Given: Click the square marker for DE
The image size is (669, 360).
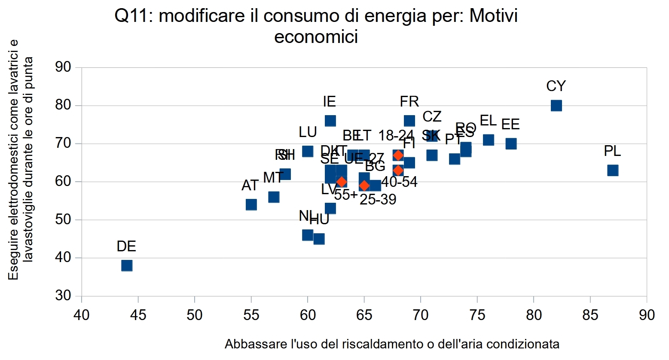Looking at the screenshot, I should (x=127, y=265).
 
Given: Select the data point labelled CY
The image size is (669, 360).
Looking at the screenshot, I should (x=556, y=106).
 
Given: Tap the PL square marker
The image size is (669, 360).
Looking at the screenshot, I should (x=613, y=171).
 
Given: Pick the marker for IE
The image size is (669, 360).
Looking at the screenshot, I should (x=330, y=121).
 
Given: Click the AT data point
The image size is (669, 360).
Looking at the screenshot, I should (x=251, y=204).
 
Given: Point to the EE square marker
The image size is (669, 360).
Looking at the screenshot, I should (x=511, y=143).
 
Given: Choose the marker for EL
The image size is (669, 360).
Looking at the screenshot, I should (x=489, y=140).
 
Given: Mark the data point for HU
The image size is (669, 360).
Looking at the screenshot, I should (x=319, y=239).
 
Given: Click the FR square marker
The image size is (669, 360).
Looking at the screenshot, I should (x=409, y=121).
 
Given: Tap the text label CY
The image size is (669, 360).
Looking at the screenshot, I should (x=556, y=86).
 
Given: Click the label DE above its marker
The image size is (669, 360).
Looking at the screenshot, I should (x=126, y=247).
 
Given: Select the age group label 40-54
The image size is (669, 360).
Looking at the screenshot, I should (x=399, y=182).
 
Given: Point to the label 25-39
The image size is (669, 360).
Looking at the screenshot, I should (x=378, y=199).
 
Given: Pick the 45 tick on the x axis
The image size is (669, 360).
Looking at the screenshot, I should (x=138, y=315).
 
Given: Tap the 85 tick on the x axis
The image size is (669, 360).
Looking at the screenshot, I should (x=590, y=315).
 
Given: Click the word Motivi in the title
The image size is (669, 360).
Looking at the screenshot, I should (x=494, y=16).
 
